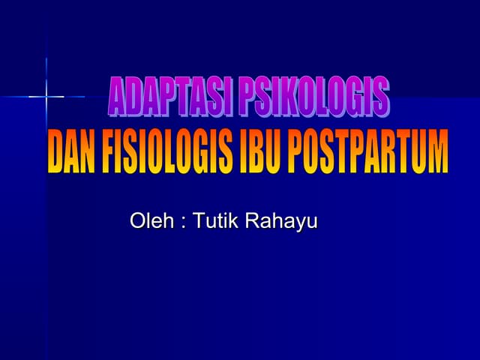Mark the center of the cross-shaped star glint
pos(46,96)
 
